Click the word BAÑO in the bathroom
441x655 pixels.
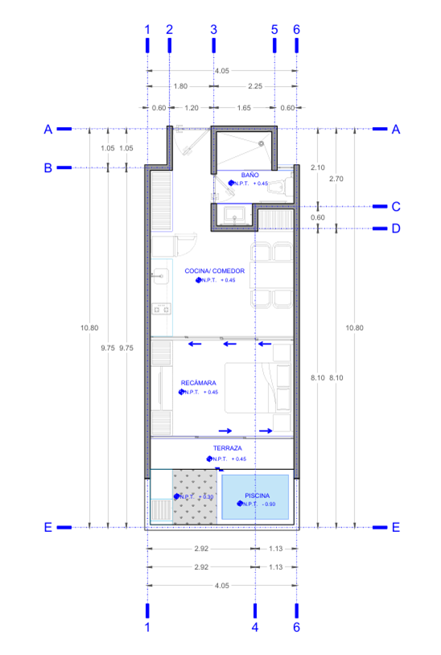point(249,175)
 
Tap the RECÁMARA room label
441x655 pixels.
point(198,383)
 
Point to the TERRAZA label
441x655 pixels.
point(228,448)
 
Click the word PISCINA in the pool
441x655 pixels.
point(258,496)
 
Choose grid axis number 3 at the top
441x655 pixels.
point(213,29)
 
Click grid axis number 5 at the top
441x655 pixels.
point(274,29)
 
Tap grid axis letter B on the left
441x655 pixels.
point(47,167)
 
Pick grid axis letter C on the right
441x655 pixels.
point(395,206)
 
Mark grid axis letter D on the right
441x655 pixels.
point(395,229)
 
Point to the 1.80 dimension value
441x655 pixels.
point(180,86)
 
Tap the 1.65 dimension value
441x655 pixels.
point(244,108)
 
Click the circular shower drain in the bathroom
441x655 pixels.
point(262,143)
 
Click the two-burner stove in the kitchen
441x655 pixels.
point(161,307)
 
